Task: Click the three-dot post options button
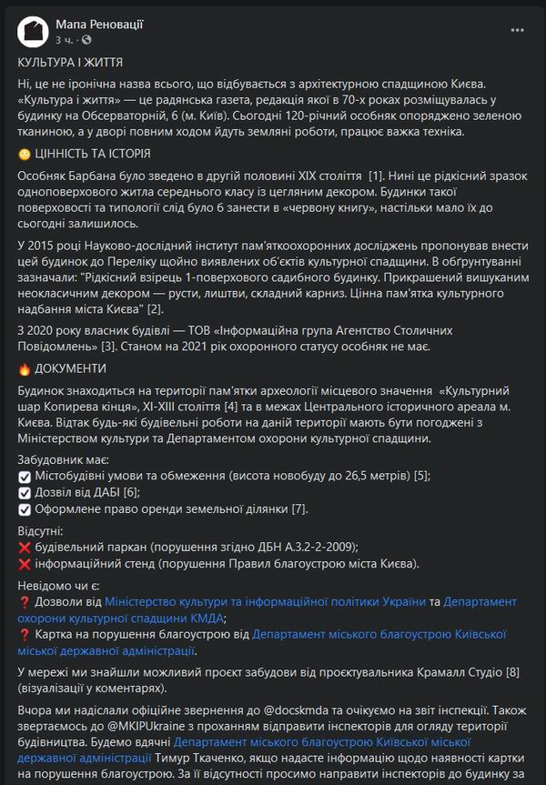click(x=517, y=31)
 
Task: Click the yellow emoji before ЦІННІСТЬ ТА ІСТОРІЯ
click(x=25, y=154)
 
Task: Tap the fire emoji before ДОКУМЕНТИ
click(x=25, y=368)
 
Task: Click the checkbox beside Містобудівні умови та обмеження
click(x=25, y=476)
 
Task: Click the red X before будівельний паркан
click(x=25, y=547)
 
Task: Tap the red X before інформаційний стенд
click(x=25, y=563)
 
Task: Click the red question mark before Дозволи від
click(x=25, y=601)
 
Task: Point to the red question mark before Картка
click(x=25, y=634)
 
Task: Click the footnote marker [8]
click(x=512, y=672)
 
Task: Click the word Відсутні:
click(x=41, y=530)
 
